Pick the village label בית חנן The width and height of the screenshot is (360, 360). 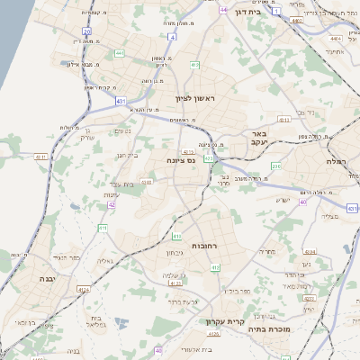coord(128,156)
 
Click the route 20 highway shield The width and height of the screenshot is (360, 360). coord(87,30)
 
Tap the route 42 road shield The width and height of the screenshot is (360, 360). coord(112,204)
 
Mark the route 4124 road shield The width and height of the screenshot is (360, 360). coord(84,290)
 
